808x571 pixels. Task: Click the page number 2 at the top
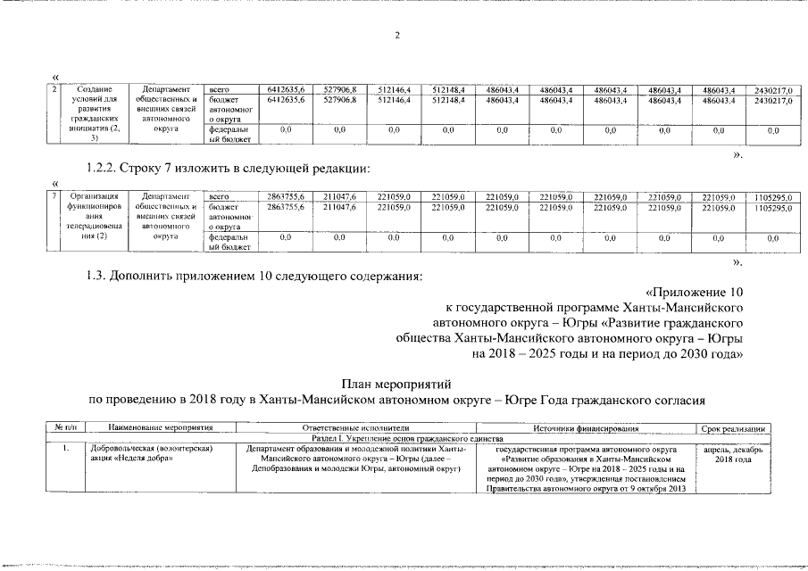click(x=397, y=36)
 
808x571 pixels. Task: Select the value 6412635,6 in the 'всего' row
click(x=287, y=90)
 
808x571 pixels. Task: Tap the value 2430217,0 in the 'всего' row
click(x=773, y=90)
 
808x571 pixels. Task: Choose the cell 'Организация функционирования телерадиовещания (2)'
click(x=95, y=217)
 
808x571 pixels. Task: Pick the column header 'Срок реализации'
click(x=731, y=429)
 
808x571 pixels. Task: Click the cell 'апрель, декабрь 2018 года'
click(x=731, y=454)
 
